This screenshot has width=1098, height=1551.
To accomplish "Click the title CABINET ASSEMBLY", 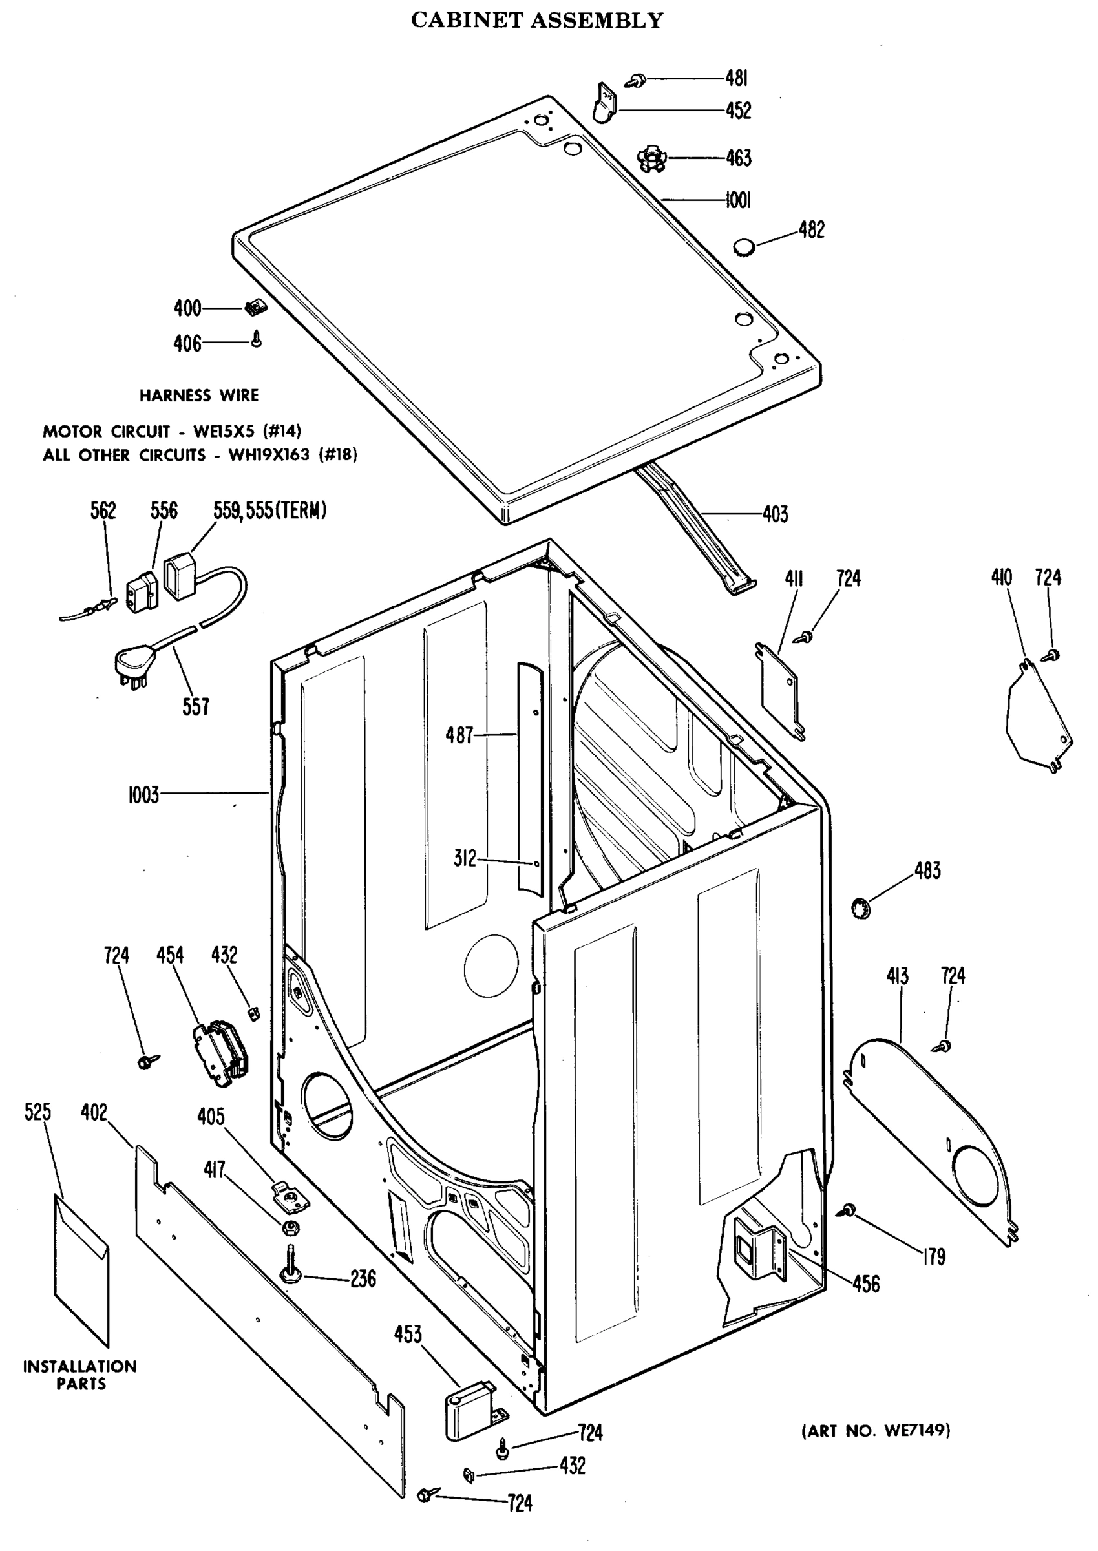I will click(537, 20).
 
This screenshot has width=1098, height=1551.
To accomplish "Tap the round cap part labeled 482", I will click(744, 247).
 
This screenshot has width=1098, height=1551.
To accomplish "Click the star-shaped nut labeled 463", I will click(651, 160).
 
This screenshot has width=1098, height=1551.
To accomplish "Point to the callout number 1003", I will click(143, 795).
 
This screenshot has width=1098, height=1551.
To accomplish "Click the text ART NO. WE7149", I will click(876, 1431).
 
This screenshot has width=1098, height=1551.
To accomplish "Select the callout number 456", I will click(865, 1283).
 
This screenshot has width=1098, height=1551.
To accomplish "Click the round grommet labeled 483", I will click(861, 907).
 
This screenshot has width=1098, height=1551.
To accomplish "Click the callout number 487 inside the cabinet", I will click(459, 735).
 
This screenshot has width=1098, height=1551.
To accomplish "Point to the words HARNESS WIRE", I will click(199, 396).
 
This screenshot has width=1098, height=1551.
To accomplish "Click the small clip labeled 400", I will click(253, 308).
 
